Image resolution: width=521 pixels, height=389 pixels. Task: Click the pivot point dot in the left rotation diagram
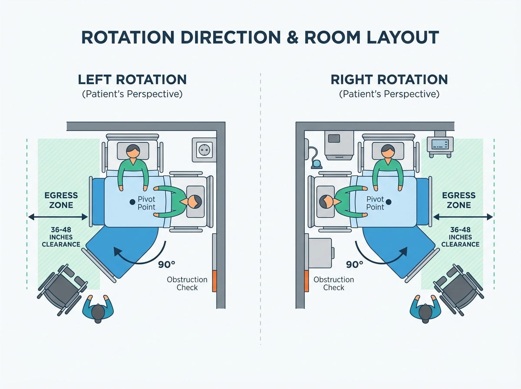tap(132, 202)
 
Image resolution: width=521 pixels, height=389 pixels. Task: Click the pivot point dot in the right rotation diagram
tap(389, 202)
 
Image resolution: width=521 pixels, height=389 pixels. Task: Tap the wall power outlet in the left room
tap(204, 150)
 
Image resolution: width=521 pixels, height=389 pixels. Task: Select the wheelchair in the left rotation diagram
tap(62, 290)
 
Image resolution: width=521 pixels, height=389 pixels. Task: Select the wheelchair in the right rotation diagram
tap(458, 290)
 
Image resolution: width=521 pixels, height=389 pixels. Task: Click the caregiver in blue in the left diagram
tap(98, 309)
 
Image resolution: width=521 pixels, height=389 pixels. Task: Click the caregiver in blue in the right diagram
tap(425, 309)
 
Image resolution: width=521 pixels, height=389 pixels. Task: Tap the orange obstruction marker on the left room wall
tap(214, 281)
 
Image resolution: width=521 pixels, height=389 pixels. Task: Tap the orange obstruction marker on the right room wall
tap(307, 281)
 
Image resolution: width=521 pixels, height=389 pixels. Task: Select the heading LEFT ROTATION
tap(132, 79)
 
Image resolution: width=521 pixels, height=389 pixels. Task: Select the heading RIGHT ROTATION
tap(389, 79)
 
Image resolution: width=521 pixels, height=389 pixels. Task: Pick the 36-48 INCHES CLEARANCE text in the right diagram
tap(460, 237)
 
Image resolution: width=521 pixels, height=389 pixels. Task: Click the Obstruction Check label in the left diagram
tap(187, 284)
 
